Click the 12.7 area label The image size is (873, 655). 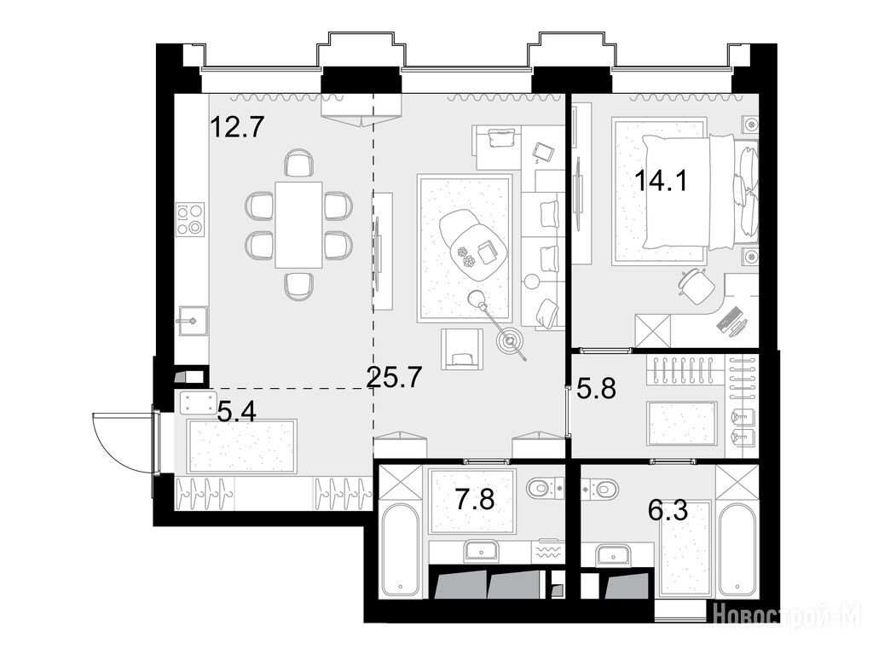(x=236, y=126)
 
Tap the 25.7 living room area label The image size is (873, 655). (x=394, y=378)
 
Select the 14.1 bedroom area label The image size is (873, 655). (x=662, y=181)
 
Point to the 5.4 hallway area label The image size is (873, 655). (x=237, y=412)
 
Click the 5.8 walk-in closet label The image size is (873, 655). (x=596, y=388)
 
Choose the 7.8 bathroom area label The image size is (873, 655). (x=476, y=498)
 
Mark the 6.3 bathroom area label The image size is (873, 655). (x=668, y=510)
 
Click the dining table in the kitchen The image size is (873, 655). (x=298, y=224)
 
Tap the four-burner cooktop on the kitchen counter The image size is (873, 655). (x=190, y=219)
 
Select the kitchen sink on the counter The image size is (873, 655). (x=193, y=321)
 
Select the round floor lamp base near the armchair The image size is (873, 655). (x=510, y=340)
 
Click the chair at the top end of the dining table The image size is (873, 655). (x=298, y=163)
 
